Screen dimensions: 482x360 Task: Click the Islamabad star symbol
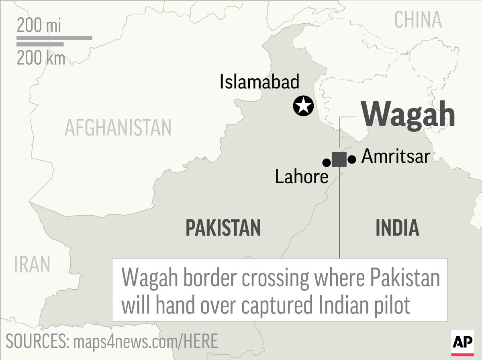(303, 106)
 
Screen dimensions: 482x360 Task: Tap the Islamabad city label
(259, 82)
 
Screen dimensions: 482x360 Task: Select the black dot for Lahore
(327, 162)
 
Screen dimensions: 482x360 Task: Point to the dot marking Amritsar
(352, 160)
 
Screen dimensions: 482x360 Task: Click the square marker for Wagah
(339, 160)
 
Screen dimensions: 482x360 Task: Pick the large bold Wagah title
(408, 115)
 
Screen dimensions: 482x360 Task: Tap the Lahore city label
(302, 177)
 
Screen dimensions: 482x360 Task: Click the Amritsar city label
(396, 156)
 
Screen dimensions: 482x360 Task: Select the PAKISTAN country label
(223, 228)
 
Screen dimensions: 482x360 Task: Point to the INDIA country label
(397, 228)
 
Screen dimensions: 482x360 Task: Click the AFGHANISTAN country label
(118, 128)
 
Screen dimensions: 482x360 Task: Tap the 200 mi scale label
(39, 26)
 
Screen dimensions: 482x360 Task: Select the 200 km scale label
(41, 59)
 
